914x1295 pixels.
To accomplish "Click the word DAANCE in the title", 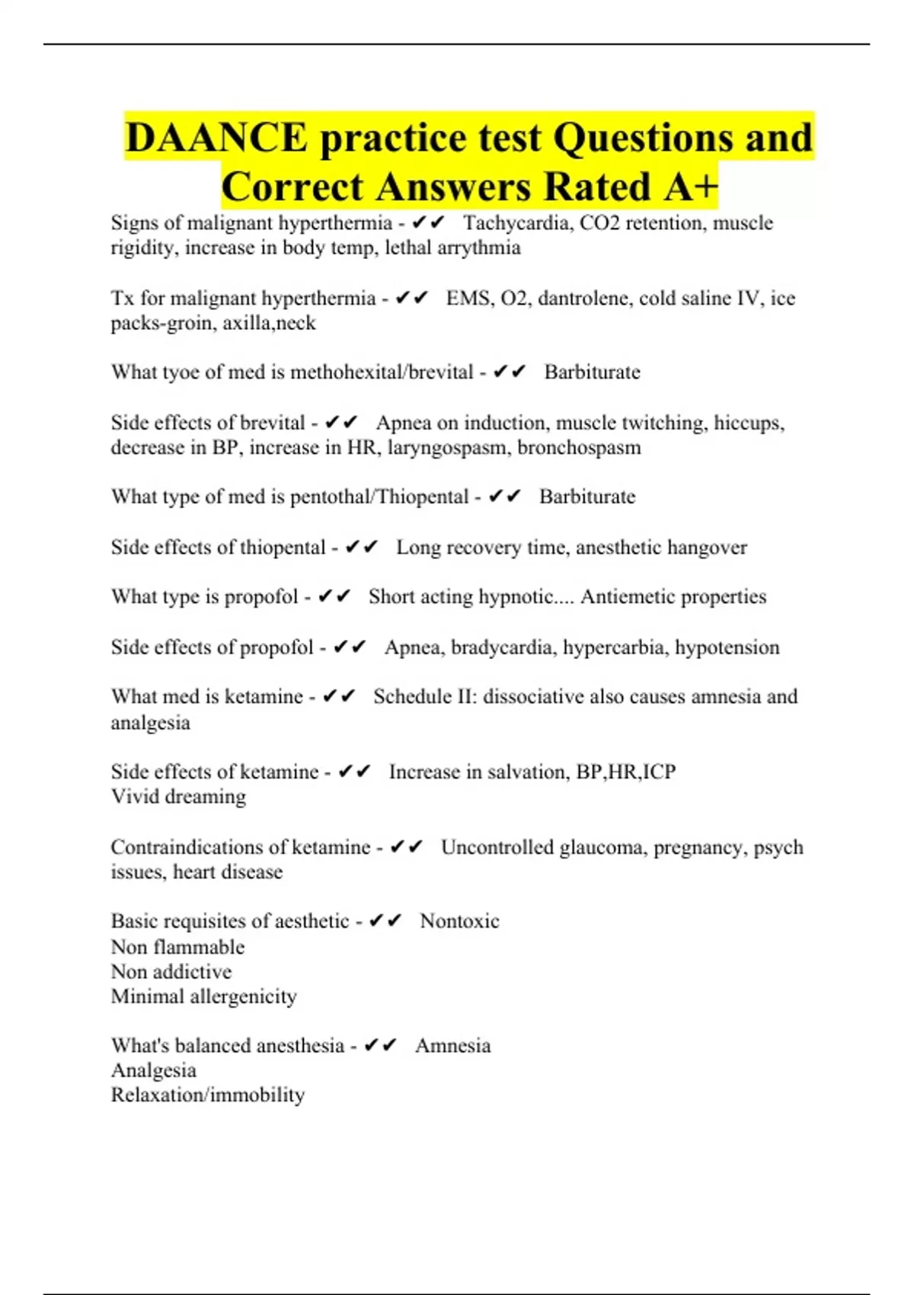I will [216, 139].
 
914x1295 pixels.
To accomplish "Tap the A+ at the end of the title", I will [690, 187].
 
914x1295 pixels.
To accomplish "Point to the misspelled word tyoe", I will [181, 373].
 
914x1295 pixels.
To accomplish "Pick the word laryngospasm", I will [449, 447].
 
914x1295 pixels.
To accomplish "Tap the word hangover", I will [705, 548].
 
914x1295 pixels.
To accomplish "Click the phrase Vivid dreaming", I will [178, 797].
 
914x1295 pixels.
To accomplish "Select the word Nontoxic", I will [459, 921].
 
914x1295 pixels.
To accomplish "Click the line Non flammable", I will [177, 948].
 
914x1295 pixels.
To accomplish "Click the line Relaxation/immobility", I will [208, 1095].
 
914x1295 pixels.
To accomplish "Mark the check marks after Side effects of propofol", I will [350, 647].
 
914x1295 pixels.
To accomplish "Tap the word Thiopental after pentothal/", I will [421, 497].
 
